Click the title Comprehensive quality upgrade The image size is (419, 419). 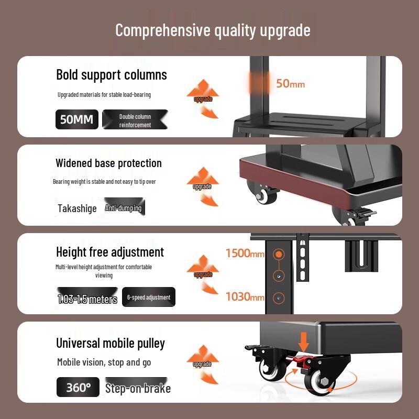coord(213,30)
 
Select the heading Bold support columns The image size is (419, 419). coord(112,75)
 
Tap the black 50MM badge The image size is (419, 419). coord(76,119)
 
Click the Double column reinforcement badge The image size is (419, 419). coord(135,120)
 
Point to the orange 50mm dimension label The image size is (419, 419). coord(290,83)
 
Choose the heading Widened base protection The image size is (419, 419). coord(108,163)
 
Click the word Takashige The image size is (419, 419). coord(77,208)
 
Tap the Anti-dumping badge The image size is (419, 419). coord(124,208)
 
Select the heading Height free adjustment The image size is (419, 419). coord(110,252)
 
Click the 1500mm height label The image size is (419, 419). coord(245,254)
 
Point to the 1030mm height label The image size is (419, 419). coord(245,297)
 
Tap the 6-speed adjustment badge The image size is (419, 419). coord(149,297)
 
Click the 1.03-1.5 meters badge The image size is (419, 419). coord(87,299)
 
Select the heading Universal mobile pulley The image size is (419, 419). coord(111,344)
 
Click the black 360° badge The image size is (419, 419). coord(78,388)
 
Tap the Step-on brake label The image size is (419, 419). coord(138,388)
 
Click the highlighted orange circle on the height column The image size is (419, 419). coord(279,255)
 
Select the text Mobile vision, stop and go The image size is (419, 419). coord(104,362)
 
